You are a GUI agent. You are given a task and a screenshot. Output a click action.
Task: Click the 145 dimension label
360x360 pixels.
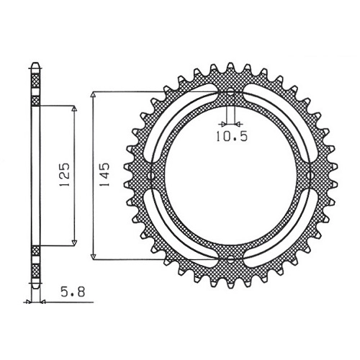(x=104, y=175)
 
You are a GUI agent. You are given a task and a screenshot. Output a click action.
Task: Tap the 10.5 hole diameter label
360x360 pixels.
(x=232, y=137)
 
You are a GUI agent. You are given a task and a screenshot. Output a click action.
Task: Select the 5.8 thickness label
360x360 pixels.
(x=73, y=292)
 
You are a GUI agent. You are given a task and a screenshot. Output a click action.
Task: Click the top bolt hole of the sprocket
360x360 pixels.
(x=230, y=92)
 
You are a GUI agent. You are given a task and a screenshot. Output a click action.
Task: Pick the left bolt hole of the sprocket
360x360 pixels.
(x=152, y=176)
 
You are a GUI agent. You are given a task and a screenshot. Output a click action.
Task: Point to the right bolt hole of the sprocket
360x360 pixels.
(x=309, y=176)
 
